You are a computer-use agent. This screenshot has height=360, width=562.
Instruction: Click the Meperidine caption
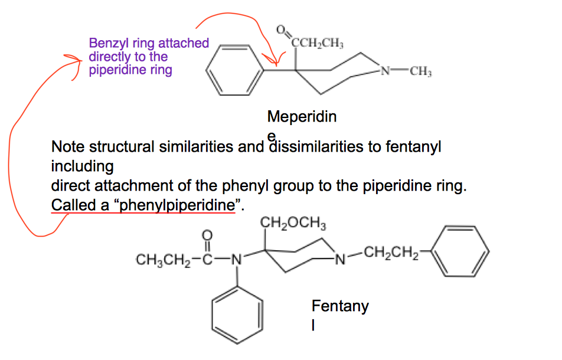302,117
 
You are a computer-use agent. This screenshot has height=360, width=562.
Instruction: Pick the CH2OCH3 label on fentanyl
293,224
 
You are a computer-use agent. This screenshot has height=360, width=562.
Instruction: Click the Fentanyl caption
339,306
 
